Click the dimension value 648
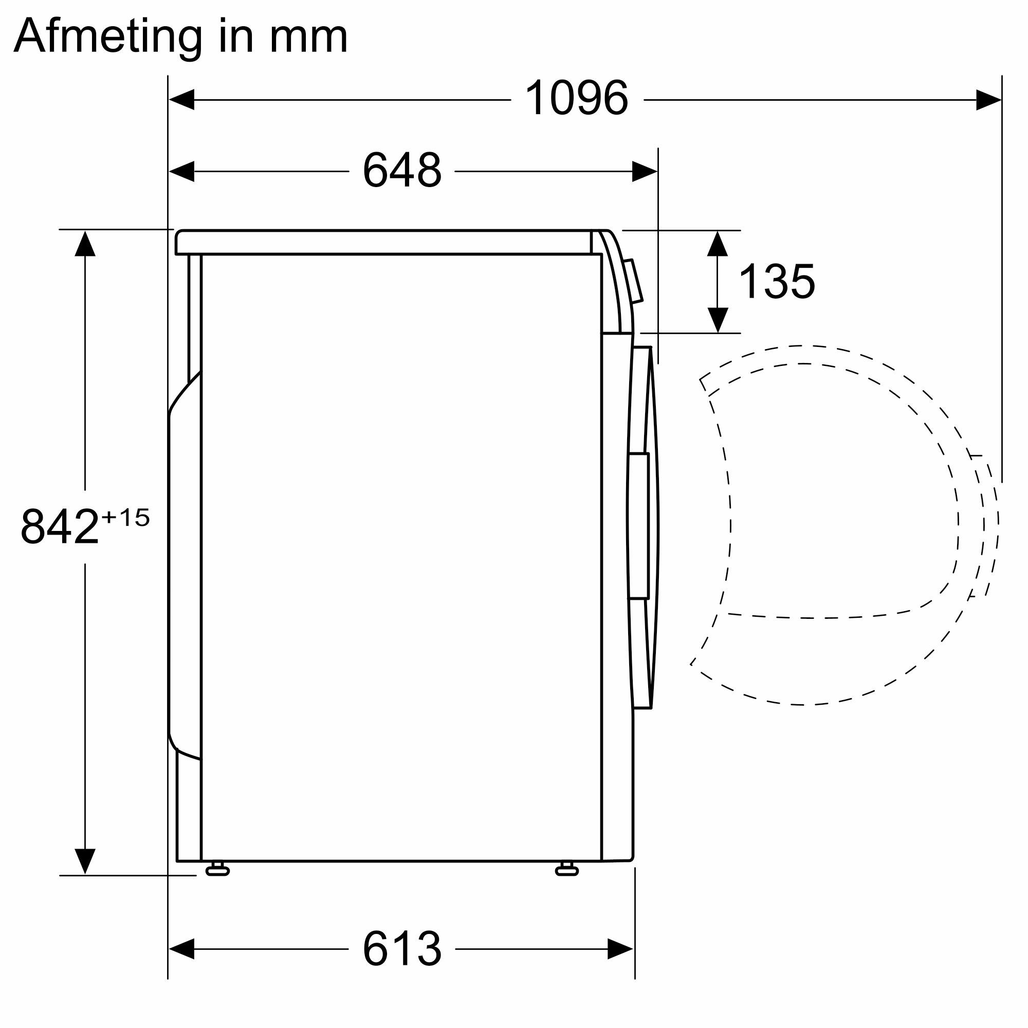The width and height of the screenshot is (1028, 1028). pyautogui.click(x=402, y=170)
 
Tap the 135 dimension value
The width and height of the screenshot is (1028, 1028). pyautogui.click(x=776, y=282)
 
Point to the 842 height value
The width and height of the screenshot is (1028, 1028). pyautogui.click(x=60, y=527)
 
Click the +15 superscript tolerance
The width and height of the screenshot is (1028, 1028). pyautogui.click(x=125, y=518)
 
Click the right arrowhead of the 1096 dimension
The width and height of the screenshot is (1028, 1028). pyautogui.click(x=988, y=100)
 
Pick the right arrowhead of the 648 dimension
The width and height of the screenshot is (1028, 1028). pyautogui.click(x=645, y=171)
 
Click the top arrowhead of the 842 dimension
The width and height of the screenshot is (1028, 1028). pyautogui.click(x=85, y=244)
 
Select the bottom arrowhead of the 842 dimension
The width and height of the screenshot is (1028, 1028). pyautogui.click(x=85, y=860)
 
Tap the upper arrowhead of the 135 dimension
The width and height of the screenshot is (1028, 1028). pyautogui.click(x=718, y=244)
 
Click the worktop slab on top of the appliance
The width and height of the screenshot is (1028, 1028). pyautogui.click(x=383, y=243)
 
